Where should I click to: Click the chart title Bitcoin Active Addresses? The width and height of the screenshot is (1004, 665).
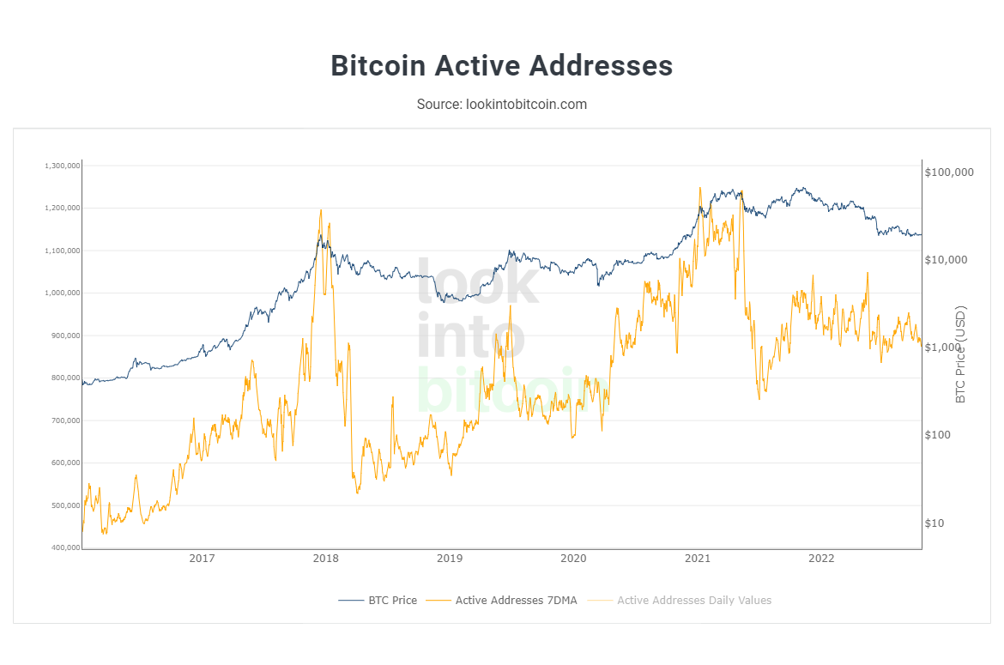(x=501, y=66)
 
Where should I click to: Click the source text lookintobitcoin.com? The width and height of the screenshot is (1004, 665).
(x=501, y=104)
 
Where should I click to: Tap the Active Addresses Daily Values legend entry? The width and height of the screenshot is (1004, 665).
(x=693, y=600)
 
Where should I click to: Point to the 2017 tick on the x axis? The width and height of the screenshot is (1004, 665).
(x=202, y=559)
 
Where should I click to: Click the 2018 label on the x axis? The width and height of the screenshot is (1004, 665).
(x=325, y=559)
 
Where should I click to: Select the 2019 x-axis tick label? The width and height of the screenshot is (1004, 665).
(x=450, y=559)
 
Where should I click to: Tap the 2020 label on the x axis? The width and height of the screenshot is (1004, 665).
(x=573, y=559)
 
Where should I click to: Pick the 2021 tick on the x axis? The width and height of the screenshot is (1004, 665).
(x=698, y=559)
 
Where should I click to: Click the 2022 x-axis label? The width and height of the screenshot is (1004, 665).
(x=821, y=559)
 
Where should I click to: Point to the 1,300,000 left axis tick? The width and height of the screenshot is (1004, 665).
(x=61, y=166)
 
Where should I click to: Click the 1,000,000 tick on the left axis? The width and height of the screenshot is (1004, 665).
(x=61, y=293)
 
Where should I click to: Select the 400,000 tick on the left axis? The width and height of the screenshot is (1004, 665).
(x=63, y=547)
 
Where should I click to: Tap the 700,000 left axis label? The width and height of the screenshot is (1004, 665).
(x=63, y=420)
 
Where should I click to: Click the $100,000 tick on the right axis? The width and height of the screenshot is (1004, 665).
(x=949, y=172)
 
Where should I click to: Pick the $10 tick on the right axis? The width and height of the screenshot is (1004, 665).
(x=934, y=523)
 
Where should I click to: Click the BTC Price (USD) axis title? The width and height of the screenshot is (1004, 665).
(x=960, y=354)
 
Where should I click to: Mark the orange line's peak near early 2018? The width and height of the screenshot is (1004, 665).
(x=321, y=209)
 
